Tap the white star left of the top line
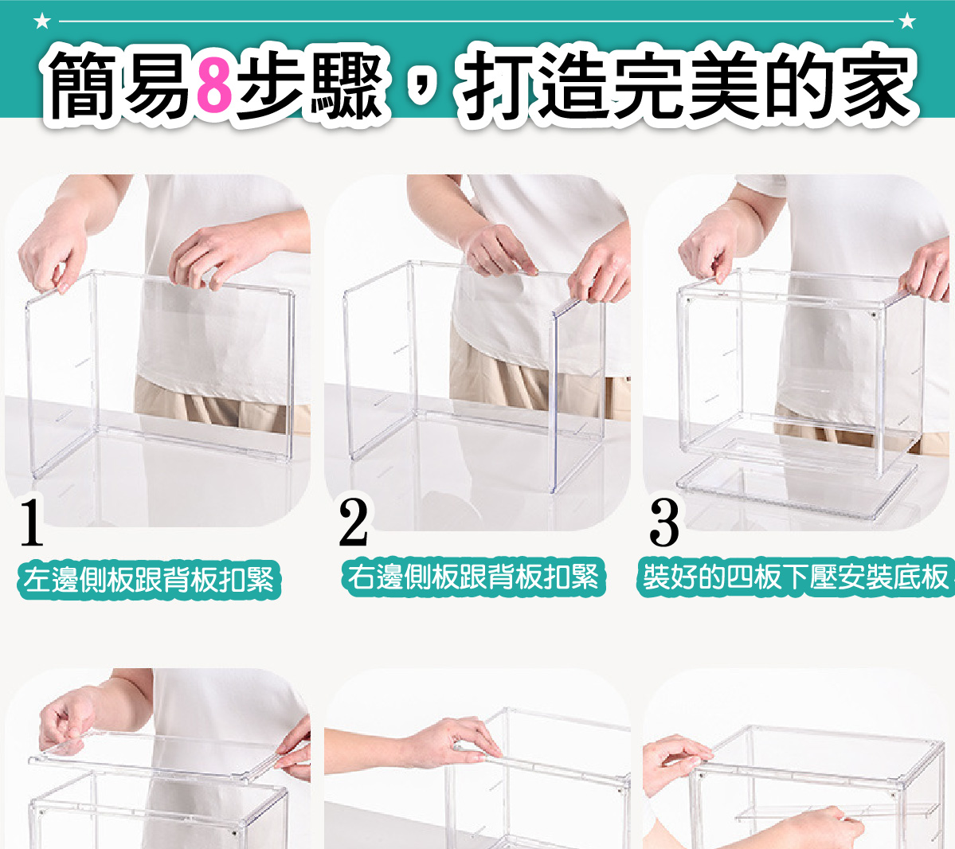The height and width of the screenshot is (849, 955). (42, 22)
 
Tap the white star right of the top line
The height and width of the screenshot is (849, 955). (907, 22)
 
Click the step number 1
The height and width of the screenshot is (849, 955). (32, 522)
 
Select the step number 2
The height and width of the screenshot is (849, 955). (354, 522)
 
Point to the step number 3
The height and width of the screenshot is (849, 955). (663, 522)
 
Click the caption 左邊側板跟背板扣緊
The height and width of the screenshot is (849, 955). (149, 579)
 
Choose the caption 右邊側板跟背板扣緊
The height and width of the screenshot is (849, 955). (473, 577)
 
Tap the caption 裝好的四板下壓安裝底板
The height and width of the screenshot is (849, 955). (796, 577)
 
